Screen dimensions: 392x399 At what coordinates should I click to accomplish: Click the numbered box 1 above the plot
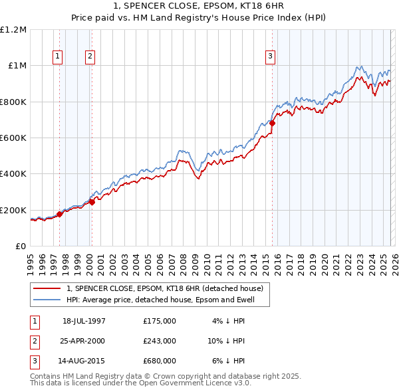(x=59, y=57)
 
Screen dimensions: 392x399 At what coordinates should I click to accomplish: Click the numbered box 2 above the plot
(x=89, y=57)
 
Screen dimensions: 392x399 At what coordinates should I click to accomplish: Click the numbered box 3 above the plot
(x=271, y=57)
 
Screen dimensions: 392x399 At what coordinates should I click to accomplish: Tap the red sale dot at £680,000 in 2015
(x=272, y=123)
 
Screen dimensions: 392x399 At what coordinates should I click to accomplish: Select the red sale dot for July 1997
(x=59, y=214)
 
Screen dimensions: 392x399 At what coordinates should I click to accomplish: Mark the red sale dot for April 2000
(x=92, y=202)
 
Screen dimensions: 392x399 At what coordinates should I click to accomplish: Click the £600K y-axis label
(x=14, y=138)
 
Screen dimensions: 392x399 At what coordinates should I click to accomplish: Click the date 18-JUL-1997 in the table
(x=84, y=321)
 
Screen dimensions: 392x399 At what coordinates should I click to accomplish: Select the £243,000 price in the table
(x=160, y=341)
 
